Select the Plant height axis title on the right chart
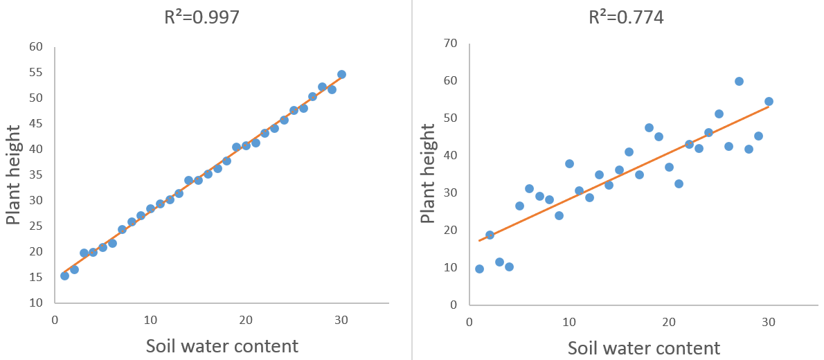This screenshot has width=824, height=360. pyautogui.click(x=428, y=174)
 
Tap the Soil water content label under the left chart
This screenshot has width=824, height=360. pyautogui.click(x=222, y=345)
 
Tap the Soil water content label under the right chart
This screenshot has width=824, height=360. pyautogui.click(x=643, y=348)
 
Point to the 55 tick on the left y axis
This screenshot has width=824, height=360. pyautogui.click(x=35, y=73)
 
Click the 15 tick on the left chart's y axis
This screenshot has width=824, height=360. pyautogui.click(x=35, y=277)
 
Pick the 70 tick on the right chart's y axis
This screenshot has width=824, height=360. pyautogui.click(x=450, y=44)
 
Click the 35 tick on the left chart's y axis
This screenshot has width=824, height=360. pyautogui.click(x=35, y=175)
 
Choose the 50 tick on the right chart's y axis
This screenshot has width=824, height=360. pyautogui.click(x=450, y=118)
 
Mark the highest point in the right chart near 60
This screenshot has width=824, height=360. pyautogui.click(x=739, y=81)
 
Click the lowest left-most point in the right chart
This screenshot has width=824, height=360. pyautogui.click(x=479, y=269)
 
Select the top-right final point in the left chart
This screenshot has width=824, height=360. pyautogui.click(x=341, y=74)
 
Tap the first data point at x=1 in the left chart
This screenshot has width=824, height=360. pyautogui.click(x=64, y=276)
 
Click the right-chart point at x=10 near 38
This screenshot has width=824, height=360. pyautogui.click(x=569, y=163)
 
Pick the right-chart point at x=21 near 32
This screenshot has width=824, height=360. pyautogui.click(x=679, y=183)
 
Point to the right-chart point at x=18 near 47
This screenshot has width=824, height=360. pyautogui.click(x=649, y=127)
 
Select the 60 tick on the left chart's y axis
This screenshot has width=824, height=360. pyautogui.click(x=35, y=47)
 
